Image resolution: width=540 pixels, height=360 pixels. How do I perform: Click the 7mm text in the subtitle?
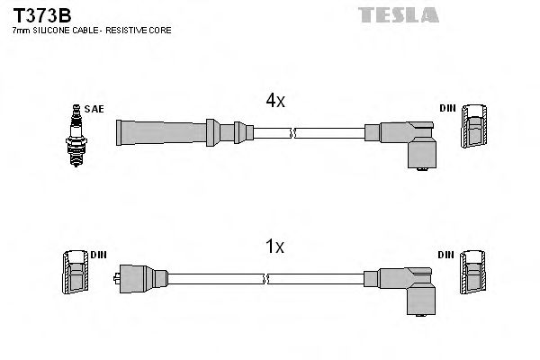20,31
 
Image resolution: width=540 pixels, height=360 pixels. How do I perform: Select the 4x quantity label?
275,102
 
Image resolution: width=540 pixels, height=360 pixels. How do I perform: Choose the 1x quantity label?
275,246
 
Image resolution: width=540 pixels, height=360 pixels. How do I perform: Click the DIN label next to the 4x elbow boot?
447,109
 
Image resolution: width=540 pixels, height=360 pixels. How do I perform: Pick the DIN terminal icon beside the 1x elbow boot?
474,274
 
